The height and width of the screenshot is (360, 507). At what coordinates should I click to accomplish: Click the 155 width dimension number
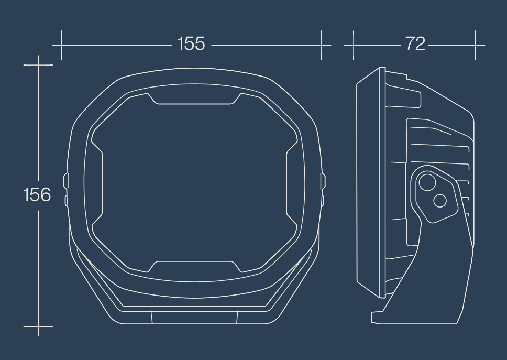191,43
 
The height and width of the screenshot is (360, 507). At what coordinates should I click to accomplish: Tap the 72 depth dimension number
415,43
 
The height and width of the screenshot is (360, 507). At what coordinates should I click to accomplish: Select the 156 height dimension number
37,195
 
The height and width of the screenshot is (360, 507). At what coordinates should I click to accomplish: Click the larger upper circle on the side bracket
427,183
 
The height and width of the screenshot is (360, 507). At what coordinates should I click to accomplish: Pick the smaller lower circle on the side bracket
440,201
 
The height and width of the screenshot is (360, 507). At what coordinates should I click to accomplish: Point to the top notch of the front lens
194,99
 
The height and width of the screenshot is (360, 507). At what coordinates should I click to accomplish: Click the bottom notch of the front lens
194,267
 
